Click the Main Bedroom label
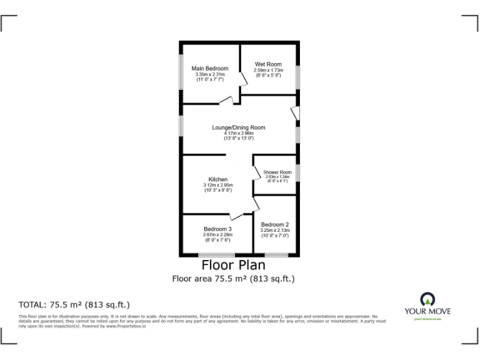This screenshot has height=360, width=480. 209,68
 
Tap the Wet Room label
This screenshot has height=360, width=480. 268,64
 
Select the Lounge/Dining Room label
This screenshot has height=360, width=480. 238,127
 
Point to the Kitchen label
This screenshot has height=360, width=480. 217,179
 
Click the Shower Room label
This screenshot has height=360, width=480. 277,172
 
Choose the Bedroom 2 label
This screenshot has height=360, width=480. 274,224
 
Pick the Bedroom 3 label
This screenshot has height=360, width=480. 217,229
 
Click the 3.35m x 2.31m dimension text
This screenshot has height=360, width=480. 209,74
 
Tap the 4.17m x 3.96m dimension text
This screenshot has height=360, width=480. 238,133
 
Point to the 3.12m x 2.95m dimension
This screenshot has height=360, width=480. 217,185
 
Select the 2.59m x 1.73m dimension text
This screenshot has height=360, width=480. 268,70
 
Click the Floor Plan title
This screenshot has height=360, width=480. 233,266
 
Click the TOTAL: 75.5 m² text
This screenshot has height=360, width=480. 74,305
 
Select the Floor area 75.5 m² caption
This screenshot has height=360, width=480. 233,279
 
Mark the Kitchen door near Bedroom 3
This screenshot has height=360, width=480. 236,214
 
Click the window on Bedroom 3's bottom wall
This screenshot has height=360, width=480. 216,254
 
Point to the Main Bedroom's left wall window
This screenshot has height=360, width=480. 182,73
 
